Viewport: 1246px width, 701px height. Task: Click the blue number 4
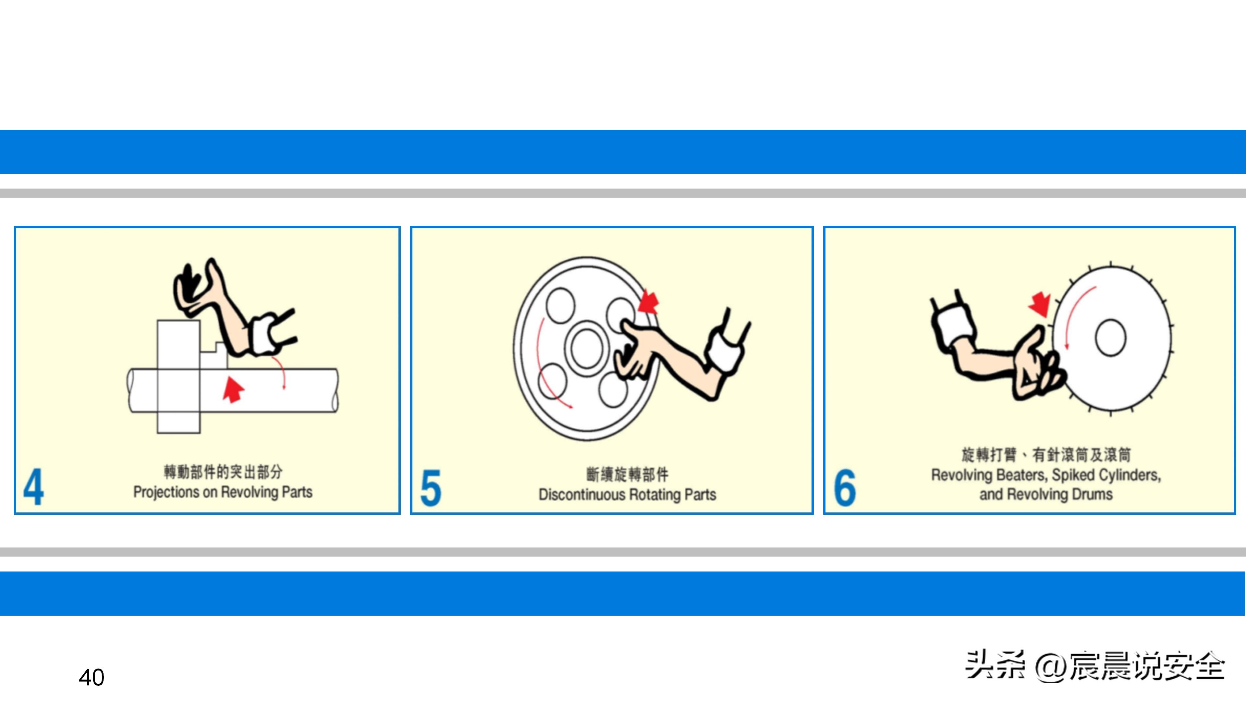pos(33,487)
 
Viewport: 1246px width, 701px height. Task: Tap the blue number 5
pos(431,488)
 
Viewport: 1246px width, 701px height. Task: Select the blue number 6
pos(845,488)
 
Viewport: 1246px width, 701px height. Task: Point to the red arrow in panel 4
pos(234,390)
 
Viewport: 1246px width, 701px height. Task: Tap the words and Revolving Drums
pos(1046,494)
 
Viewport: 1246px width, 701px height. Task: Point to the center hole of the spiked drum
pos(1111,338)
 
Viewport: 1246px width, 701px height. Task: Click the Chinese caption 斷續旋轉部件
pos(627,474)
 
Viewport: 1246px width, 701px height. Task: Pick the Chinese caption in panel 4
pos(223,472)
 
